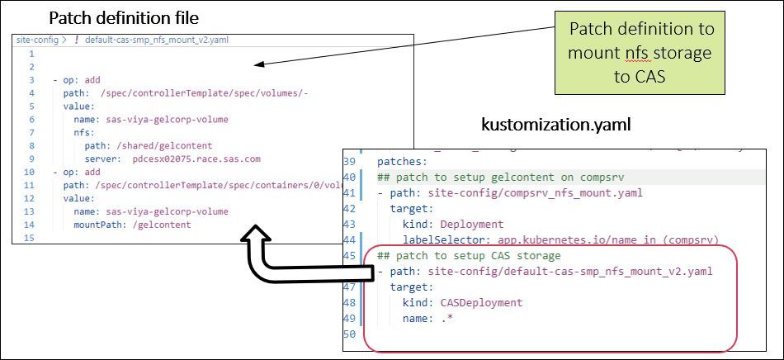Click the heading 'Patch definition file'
point(124,17)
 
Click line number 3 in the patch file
point(31,80)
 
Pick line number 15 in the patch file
point(31,238)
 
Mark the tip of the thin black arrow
point(256,64)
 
